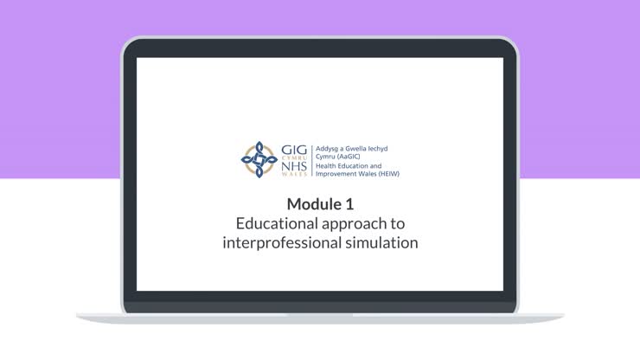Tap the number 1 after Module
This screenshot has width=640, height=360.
coord(349,204)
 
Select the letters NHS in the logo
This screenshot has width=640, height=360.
coord(293,166)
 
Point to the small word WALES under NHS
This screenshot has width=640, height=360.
coord(292,175)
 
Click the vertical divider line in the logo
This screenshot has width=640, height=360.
coord(311,160)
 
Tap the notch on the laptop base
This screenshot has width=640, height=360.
coord(320,314)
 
